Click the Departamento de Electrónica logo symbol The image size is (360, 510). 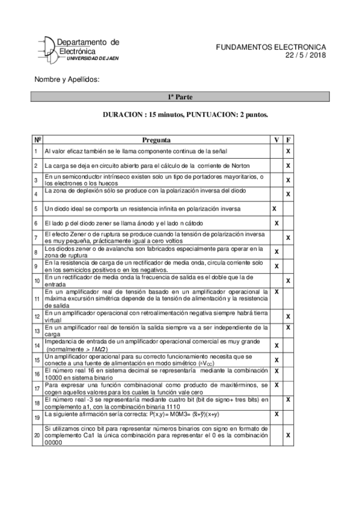pyautogui.click(x=46, y=48)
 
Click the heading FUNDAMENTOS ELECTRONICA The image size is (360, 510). pyautogui.click(x=270, y=46)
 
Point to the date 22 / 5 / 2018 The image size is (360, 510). pyautogui.click(x=305, y=55)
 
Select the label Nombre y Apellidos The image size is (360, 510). pyautogui.click(x=67, y=79)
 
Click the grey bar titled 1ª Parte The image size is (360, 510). pyautogui.click(x=180, y=96)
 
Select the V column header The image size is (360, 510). pyautogui.click(x=276, y=139)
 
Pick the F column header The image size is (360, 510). pyautogui.click(x=288, y=139)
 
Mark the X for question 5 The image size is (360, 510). pyautogui.click(x=275, y=208)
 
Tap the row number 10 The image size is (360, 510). pyautogui.click(x=37, y=280)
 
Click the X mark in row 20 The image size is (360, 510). pyautogui.click(x=288, y=434)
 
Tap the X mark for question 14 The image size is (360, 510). pyautogui.click(x=276, y=346)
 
